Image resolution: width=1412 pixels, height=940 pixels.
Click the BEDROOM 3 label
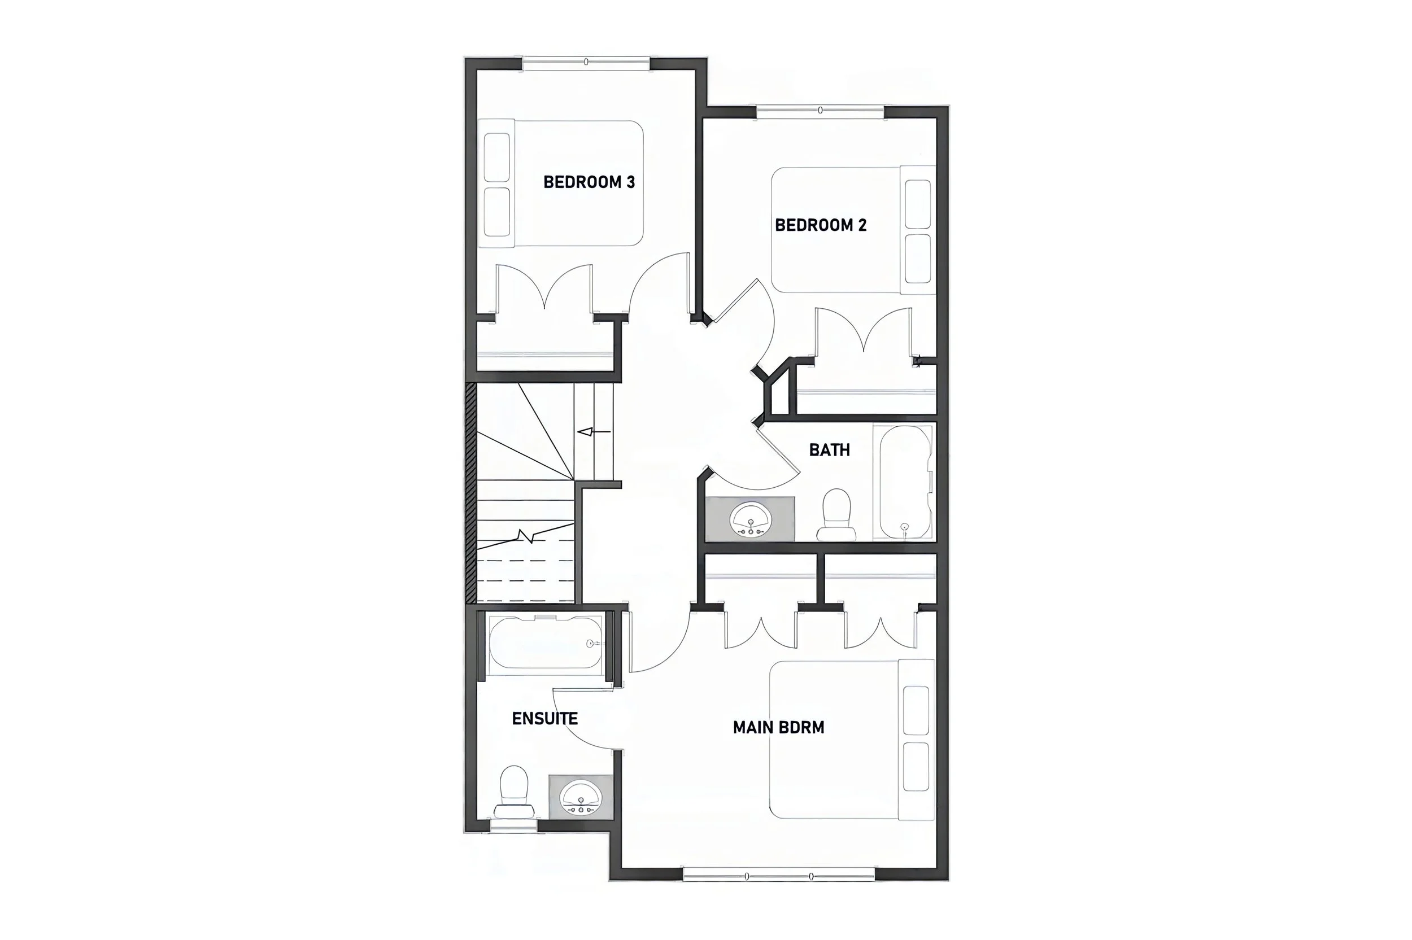tap(589, 182)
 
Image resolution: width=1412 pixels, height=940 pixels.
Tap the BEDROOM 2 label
tap(820, 225)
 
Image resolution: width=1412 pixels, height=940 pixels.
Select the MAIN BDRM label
tap(778, 728)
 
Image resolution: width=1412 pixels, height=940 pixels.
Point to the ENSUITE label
tap(544, 719)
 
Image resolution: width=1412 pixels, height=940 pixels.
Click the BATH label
tap(829, 450)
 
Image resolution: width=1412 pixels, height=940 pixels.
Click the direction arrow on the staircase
tap(593, 432)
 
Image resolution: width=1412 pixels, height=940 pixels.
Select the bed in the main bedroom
tap(851, 740)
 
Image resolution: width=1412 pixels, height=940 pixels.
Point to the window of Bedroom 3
tap(586, 62)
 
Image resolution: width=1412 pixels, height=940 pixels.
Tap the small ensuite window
tap(514, 827)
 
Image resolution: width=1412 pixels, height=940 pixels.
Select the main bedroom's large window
tap(779, 876)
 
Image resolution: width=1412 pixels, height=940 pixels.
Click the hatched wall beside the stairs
tap(470, 493)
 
